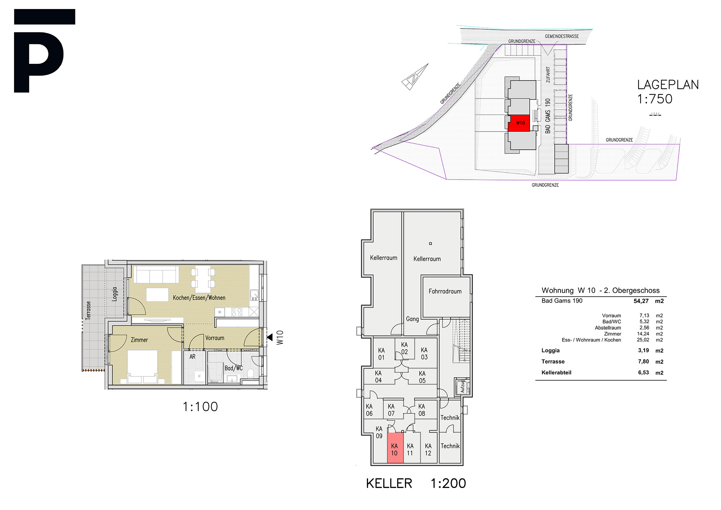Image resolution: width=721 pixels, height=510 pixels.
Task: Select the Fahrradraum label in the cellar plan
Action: click(x=445, y=291)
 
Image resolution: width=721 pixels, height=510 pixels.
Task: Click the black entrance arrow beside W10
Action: click(x=270, y=338)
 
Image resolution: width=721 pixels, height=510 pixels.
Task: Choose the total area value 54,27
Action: click(x=641, y=301)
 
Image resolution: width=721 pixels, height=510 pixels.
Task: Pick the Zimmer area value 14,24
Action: click(x=643, y=334)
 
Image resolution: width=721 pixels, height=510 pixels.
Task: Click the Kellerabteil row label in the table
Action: click(x=556, y=373)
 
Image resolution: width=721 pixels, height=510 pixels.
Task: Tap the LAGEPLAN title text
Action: click(x=668, y=85)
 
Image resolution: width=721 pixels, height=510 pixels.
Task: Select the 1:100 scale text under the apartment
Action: click(x=200, y=407)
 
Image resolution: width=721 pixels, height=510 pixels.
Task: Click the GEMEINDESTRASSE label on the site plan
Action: click(x=562, y=36)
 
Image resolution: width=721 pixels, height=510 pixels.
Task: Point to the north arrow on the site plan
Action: click(x=415, y=77)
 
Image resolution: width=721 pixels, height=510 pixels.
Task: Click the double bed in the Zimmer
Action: click(x=143, y=366)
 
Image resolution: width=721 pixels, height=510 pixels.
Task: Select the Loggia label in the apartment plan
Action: click(x=115, y=294)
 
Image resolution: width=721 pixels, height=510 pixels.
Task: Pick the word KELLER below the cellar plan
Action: click(x=389, y=483)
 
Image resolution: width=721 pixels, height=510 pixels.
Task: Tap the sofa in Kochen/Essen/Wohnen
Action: click(x=156, y=274)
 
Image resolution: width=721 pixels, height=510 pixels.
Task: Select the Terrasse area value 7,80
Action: click(x=643, y=361)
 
